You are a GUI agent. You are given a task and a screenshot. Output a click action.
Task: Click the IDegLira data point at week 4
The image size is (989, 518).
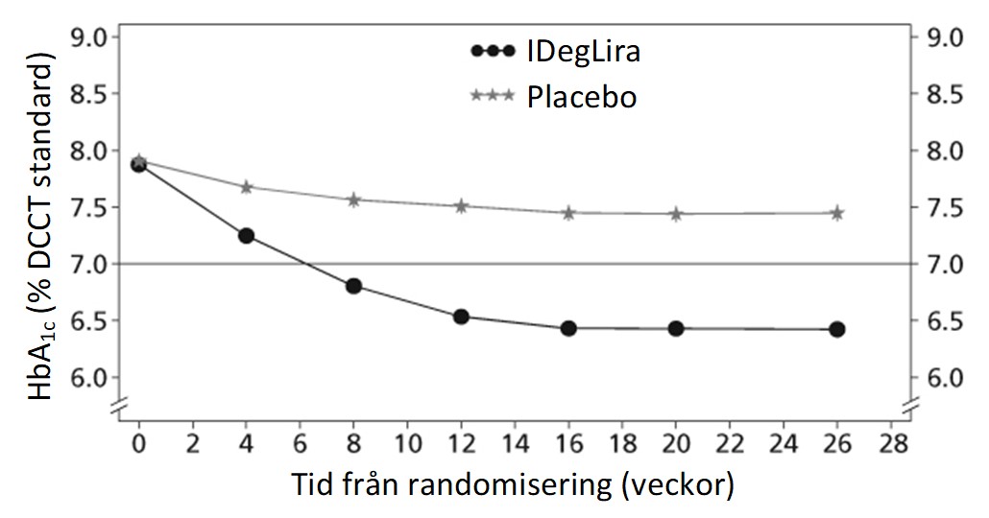[x=246, y=236]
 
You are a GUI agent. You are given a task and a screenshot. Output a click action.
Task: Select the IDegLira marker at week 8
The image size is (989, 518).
[x=354, y=286]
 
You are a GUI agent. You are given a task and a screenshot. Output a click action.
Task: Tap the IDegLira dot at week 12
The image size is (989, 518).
[x=461, y=317]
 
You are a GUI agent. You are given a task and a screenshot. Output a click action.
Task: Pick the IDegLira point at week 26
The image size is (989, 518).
[x=837, y=329]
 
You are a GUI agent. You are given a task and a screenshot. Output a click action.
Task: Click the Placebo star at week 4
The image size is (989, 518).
[x=246, y=187]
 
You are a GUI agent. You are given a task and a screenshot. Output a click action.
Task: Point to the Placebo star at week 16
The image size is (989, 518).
[x=568, y=213]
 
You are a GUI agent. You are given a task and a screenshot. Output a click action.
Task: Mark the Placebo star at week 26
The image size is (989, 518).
[x=837, y=213]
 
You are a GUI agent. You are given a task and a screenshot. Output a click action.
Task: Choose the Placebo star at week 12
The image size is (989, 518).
[x=461, y=206]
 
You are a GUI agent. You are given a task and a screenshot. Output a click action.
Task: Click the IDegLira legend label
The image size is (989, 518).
[x=584, y=51]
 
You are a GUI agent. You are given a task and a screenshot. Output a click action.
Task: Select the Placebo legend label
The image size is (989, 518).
[x=582, y=97]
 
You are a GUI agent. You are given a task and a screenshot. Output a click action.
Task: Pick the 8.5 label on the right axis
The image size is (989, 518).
[x=945, y=94]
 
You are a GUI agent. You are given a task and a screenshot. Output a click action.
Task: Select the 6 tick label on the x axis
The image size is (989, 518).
[x=301, y=443]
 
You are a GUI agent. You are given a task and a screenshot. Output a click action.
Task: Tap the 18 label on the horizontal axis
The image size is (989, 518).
[x=622, y=443]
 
